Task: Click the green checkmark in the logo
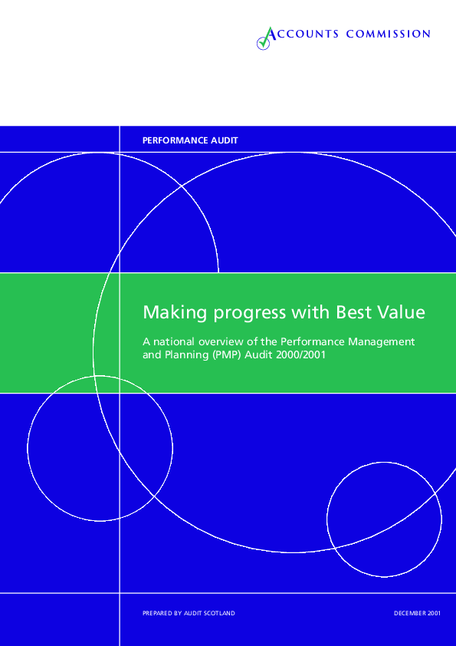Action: click(x=264, y=38)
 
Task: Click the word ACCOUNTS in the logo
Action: click(x=302, y=34)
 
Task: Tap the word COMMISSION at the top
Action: click(x=388, y=34)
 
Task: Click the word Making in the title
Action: click(x=175, y=313)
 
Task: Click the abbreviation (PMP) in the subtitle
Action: click(x=227, y=355)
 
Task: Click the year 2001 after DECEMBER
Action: click(x=435, y=614)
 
